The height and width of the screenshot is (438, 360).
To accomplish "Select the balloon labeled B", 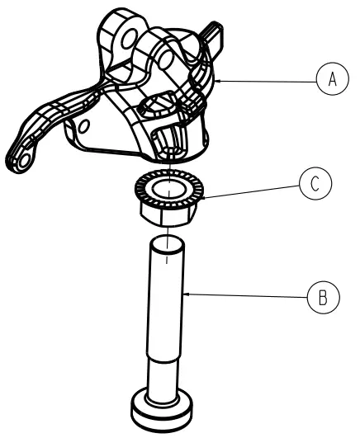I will (x=322, y=295).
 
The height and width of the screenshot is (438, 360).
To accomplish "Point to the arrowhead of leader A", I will (x=220, y=81).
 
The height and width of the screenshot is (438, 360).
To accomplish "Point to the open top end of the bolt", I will (x=168, y=242).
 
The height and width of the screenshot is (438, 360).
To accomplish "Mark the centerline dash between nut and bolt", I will (x=168, y=256).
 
